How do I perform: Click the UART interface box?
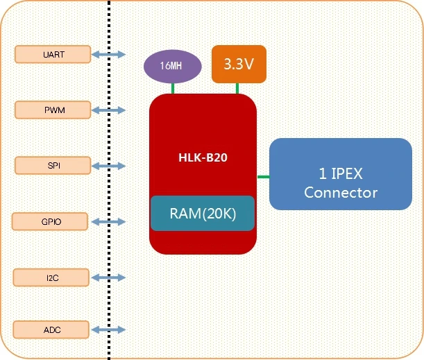tap(52, 54)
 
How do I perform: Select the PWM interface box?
tap(52, 110)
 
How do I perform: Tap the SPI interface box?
tap(52, 165)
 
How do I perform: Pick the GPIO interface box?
tap(51, 222)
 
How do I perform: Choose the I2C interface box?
tap(52, 277)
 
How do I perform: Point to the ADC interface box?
tap(52, 329)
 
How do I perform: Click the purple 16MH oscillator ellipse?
tap(173, 67)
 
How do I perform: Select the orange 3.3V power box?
tap(238, 64)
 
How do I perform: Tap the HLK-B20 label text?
tap(203, 157)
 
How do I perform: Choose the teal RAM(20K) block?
tap(203, 214)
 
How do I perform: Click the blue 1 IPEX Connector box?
tap(340, 174)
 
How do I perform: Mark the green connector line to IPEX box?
tap(263, 177)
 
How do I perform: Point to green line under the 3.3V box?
tap(238, 88)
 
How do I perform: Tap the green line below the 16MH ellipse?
tap(173, 88)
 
